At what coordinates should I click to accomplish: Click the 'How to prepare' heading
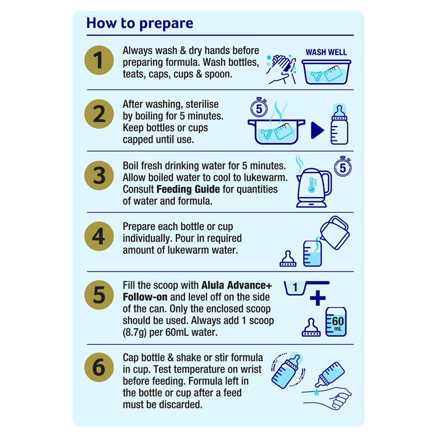(140, 23)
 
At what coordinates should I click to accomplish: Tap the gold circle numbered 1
(99, 60)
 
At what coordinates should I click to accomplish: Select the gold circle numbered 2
(99, 114)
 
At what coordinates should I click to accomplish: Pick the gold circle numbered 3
(99, 175)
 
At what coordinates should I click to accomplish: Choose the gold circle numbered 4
(99, 237)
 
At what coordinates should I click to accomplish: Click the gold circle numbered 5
(99, 295)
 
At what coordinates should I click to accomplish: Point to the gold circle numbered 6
(99, 367)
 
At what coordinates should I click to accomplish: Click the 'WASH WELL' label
(326, 52)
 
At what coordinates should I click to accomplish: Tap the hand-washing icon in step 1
(281, 69)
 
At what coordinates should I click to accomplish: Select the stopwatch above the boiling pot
(259, 108)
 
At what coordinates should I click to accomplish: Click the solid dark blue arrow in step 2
(317, 130)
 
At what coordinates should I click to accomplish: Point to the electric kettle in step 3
(314, 188)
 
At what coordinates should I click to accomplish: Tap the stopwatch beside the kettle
(343, 167)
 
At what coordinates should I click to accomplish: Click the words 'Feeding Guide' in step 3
(188, 189)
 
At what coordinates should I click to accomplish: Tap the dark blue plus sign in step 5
(318, 298)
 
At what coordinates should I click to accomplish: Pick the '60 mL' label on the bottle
(338, 323)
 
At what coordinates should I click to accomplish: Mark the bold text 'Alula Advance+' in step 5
(237, 285)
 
